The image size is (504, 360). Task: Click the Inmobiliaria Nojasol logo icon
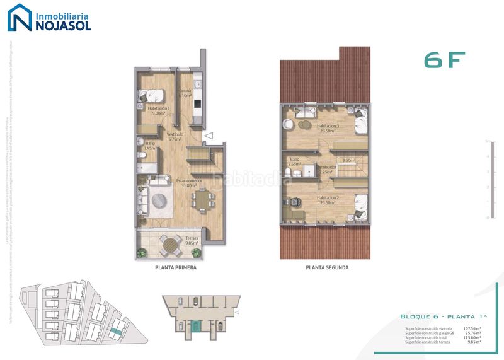tap(19, 18)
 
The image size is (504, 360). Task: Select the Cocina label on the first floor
tap(185, 93)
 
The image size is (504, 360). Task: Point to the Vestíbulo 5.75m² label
tap(175, 136)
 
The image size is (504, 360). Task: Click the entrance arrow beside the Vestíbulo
tap(209, 135)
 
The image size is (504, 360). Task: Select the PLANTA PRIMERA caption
tap(176, 267)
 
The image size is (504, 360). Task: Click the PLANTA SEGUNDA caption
tap(327, 267)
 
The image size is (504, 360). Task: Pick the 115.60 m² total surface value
tap(472, 337)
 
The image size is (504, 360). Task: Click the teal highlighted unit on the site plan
tap(116, 328)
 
